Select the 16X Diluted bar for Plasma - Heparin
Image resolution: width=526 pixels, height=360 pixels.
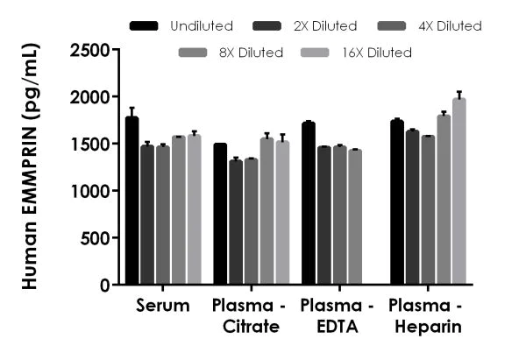tap(458, 192)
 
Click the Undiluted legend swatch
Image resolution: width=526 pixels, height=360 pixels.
tap(146, 26)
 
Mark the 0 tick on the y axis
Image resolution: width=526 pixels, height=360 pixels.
tap(111, 285)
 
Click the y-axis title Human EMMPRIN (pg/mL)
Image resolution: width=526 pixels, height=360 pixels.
tap(28, 166)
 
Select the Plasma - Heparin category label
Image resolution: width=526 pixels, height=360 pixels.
tap(427, 316)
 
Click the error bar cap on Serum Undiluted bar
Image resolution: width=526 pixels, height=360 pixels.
tap(131, 108)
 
